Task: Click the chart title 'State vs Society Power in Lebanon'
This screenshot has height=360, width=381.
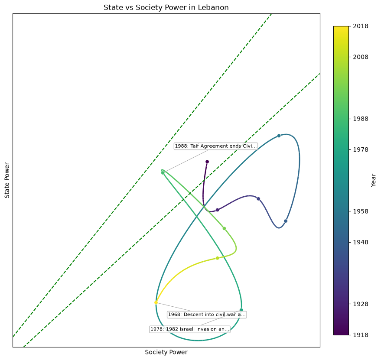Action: point(166,7)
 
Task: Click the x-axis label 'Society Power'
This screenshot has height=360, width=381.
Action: point(166,352)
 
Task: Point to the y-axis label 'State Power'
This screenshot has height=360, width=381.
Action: point(7,180)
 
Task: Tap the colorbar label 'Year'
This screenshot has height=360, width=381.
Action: point(374,180)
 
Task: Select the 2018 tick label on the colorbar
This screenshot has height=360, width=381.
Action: point(361,26)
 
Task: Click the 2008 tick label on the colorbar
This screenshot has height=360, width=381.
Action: point(361,57)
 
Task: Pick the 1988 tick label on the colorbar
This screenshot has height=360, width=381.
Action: point(361,119)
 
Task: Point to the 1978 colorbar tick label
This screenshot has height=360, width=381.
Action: point(361,149)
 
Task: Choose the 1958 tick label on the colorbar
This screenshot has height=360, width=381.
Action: point(361,211)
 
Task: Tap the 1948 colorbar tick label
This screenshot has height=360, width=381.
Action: point(361,242)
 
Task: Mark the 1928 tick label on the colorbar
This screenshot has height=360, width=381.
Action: point(361,304)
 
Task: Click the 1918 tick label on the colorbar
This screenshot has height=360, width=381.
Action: point(361,335)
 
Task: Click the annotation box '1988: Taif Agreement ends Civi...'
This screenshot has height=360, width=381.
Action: point(215,146)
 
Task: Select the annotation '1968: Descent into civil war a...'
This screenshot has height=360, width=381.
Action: point(207,315)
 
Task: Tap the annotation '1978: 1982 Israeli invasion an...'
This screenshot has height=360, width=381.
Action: point(189,329)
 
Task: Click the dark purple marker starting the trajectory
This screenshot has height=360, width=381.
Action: point(207,162)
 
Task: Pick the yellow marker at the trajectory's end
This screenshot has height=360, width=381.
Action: point(156,302)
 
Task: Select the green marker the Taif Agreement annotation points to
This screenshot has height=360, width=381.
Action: point(163,173)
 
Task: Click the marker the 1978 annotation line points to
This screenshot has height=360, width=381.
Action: point(241,310)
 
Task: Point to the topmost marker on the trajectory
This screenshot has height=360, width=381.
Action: point(279,136)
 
